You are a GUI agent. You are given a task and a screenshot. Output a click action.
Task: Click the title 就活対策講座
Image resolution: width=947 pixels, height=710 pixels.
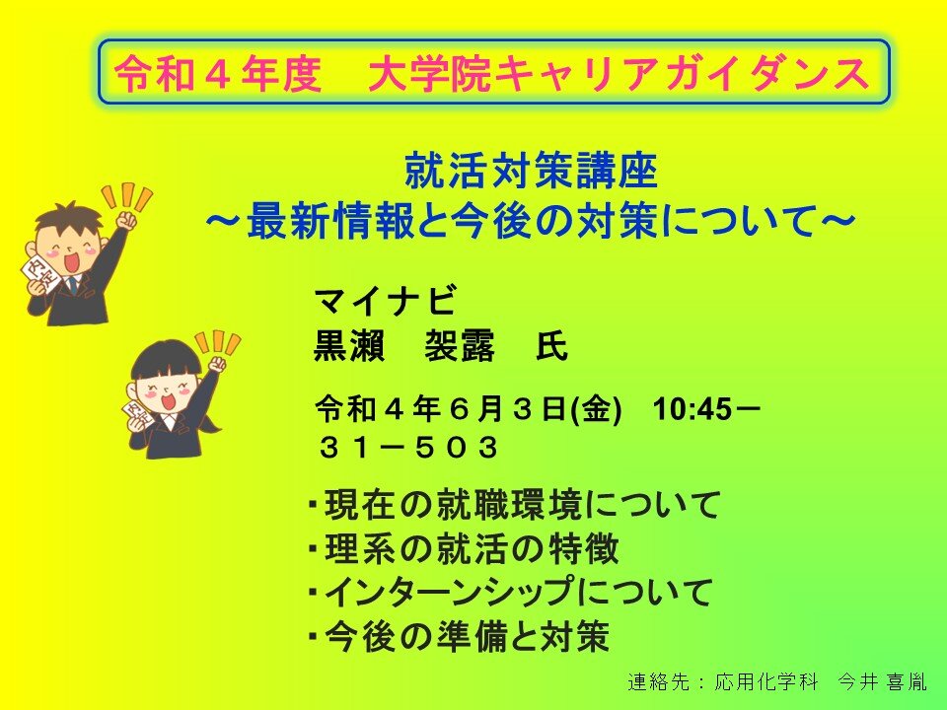pyautogui.click(x=531, y=171)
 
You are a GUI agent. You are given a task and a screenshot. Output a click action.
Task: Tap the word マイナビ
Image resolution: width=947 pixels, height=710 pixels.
pyautogui.click(x=385, y=301)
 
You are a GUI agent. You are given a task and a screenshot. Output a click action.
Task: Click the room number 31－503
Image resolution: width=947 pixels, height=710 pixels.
pyautogui.click(x=408, y=448)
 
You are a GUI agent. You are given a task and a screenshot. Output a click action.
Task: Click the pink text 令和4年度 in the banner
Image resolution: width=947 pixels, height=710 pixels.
pyautogui.click(x=217, y=74)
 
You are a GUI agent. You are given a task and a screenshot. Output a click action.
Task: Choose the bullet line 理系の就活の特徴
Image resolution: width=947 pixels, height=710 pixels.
pyautogui.click(x=464, y=548)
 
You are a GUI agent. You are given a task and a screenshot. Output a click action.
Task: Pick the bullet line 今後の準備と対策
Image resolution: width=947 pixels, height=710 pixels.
pyautogui.click(x=459, y=636)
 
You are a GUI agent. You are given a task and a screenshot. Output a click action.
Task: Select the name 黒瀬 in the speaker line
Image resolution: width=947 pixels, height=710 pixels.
pyautogui.click(x=349, y=346)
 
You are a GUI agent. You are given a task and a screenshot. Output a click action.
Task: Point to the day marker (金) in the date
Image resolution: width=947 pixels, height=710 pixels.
pyautogui.click(x=596, y=409)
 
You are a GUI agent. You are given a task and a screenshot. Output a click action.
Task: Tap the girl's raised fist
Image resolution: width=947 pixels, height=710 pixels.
pyautogui.click(x=216, y=364)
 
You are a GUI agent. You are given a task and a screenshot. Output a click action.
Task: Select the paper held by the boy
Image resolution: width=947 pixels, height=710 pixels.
pyautogui.click(x=38, y=275)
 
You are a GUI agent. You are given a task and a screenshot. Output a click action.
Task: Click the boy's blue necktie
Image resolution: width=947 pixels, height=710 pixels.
pyautogui.click(x=72, y=284)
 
